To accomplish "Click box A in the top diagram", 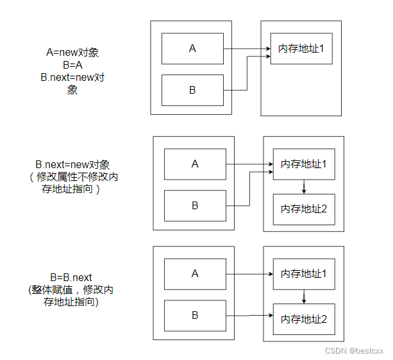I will coord(192,49).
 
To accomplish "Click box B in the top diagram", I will coord(192,90).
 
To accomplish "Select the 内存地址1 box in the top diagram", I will coord(301,49).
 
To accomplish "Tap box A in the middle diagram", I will coord(195,164).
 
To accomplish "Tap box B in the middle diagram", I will coord(195,205).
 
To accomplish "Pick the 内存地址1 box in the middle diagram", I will coord(304,164).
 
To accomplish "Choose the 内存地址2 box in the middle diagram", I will coord(304,209).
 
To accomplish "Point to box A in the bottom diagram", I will coord(195,274).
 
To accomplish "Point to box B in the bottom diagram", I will coord(195,315).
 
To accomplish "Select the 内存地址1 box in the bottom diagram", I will coord(304,274).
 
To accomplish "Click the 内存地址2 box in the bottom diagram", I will coord(304,318).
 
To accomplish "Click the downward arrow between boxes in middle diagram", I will coord(304,187).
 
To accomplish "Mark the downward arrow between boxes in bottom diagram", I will coord(304,296).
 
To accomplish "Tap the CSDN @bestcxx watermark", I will coord(354,351).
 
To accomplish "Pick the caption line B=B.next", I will coord(71,277).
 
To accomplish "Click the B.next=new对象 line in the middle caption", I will coord(71,165).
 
